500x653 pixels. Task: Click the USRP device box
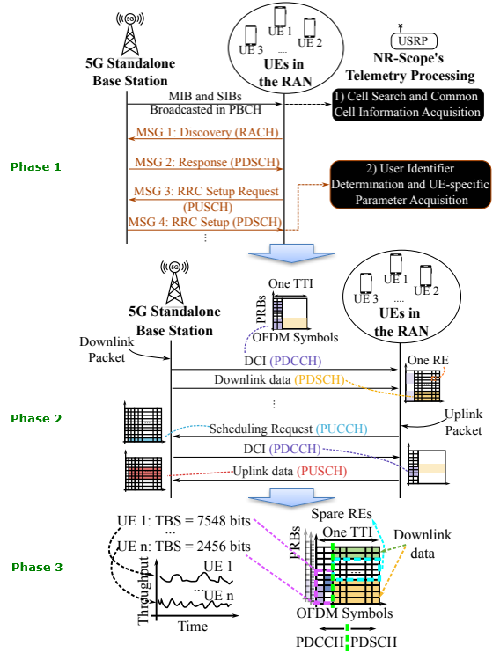pos(414,40)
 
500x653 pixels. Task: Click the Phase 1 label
pos(36,167)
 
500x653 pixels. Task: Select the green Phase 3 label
pos(37,568)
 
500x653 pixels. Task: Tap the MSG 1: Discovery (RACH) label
pos(207,132)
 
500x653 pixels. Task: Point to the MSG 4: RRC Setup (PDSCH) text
pos(205,222)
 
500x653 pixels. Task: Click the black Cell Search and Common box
pos(408,105)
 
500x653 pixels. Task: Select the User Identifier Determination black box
pos(410,184)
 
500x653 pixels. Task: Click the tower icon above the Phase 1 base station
pos(130,34)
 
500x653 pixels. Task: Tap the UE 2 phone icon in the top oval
pos(309,27)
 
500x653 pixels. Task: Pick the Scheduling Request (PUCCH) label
pos(289,429)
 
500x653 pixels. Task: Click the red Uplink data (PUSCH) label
pos(290,472)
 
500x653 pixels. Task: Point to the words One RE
pos(428,360)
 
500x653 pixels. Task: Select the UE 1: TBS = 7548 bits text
pos(184,521)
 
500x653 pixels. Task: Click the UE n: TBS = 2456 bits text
pos(184,547)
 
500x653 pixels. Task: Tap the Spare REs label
pos(342,514)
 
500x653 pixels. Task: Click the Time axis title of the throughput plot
pos(193,627)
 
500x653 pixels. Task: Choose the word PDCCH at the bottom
pos(320,642)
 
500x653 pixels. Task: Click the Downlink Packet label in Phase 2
pos(107,350)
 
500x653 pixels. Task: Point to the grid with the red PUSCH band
pos(143,472)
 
